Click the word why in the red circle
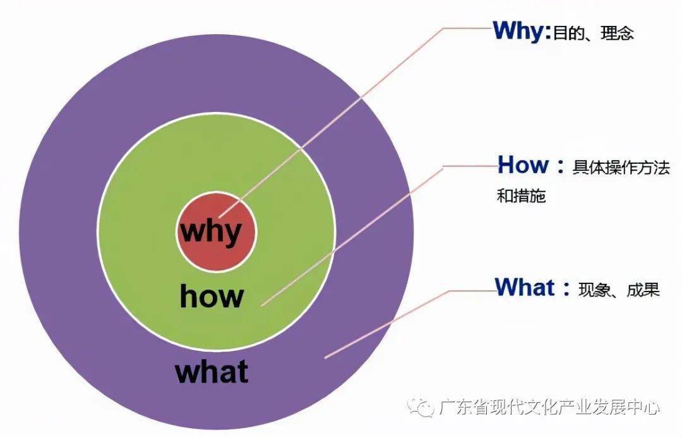tap(211, 232)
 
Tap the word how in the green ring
tap(212, 296)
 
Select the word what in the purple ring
tap(212, 371)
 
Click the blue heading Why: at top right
tap(522, 32)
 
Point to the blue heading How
tap(523, 164)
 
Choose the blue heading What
tap(525, 287)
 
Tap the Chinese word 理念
tap(617, 34)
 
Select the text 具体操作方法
tap(621, 168)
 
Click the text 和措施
tap(521, 195)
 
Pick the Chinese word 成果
tap(643, 290)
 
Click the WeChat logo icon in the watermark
tap(420, 408)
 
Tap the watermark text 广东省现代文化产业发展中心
tap(549, 408)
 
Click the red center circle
tap(217, 232)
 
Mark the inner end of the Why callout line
tap(219, 216)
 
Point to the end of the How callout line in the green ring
tap(261, 305)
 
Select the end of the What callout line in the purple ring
tap(325, 358)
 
